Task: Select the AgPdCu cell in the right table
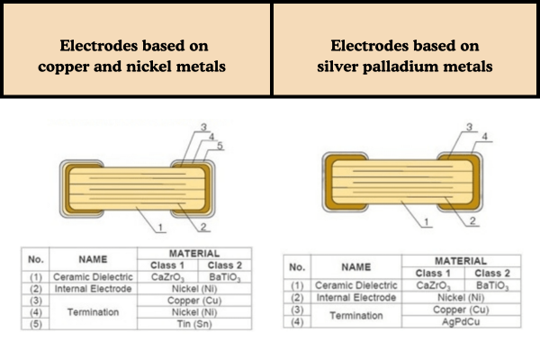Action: (x=450, y=321)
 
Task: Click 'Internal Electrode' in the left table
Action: (x=93, y=288)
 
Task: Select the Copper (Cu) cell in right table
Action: (x=450, y=309)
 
